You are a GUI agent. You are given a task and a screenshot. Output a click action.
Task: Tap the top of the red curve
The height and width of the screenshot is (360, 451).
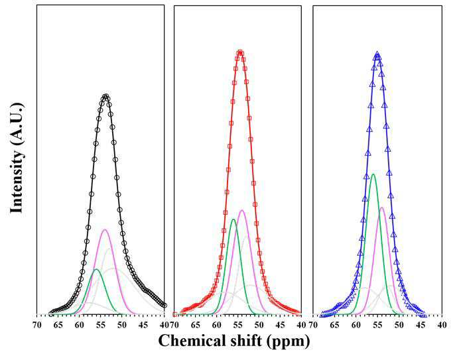[x=240, y=52]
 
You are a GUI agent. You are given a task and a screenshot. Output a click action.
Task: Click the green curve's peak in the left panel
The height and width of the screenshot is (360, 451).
[x=96, y=269]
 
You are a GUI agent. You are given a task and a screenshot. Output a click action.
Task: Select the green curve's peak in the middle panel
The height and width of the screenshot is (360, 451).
[x=233, y=219]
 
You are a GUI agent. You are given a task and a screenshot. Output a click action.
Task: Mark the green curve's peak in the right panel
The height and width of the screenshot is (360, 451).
[x=373, y=174]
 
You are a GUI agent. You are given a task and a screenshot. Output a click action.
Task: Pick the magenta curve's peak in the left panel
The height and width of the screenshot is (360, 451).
[x=105, y=229]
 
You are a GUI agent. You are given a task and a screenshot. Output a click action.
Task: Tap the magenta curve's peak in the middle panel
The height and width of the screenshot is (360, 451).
[x=242, y=210]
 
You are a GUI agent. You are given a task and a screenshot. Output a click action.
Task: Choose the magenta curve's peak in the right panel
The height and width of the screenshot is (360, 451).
[x=381, y=208]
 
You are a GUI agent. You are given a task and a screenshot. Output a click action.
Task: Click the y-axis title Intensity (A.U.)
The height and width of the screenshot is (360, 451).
[x=17, y=158]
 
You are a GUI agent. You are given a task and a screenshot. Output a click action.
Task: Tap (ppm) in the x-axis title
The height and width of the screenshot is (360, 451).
[x=288, y=342]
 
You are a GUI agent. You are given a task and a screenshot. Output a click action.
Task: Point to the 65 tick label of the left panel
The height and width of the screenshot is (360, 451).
[x=58, y=325]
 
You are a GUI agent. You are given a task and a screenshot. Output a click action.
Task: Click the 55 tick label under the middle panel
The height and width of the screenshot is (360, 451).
[x=238, y=325]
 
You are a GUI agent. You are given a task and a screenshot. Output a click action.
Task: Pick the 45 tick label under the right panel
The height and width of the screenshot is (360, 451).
[x=420, y=325]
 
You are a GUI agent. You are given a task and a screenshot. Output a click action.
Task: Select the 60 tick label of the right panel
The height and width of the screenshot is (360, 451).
[x=356, y=325]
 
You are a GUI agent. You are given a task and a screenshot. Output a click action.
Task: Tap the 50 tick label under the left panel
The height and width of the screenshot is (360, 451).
[x=122, y=325]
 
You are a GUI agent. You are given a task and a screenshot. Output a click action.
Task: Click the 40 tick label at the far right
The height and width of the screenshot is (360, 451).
[x=442, y=325]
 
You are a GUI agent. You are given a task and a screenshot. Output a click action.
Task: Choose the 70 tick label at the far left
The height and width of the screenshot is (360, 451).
[x=37, y=325]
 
